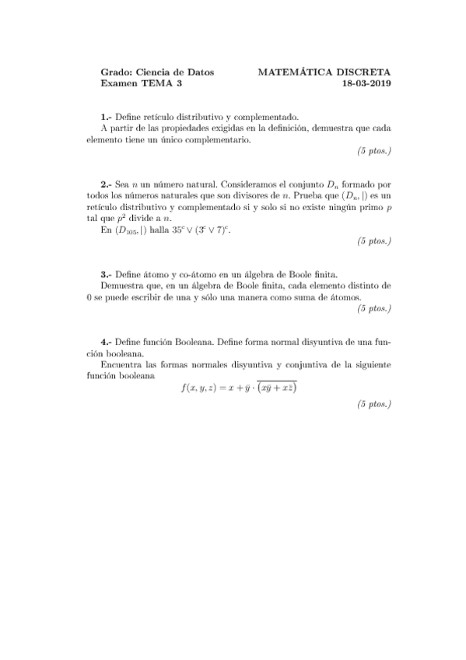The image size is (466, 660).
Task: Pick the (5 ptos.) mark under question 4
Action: (373, 404)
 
